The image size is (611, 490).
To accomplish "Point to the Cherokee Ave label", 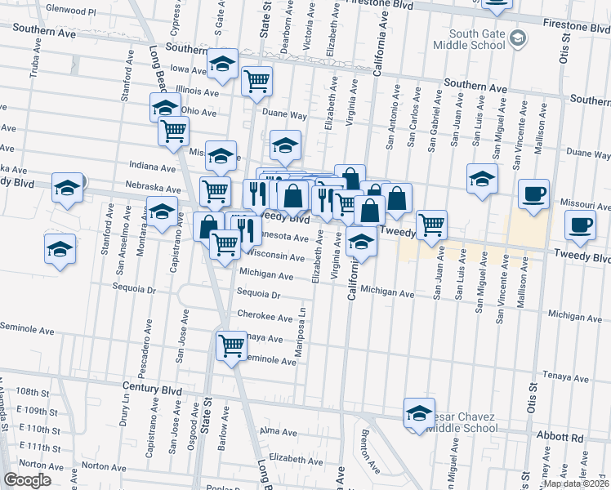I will point(264,316).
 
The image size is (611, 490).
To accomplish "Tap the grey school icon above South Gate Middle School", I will point(517,38).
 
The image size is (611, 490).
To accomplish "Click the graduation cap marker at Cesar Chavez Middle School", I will point(419,412).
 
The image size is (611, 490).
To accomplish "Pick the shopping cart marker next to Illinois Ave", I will point(257,80).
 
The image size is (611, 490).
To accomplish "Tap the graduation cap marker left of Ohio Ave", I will point(165,106).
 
